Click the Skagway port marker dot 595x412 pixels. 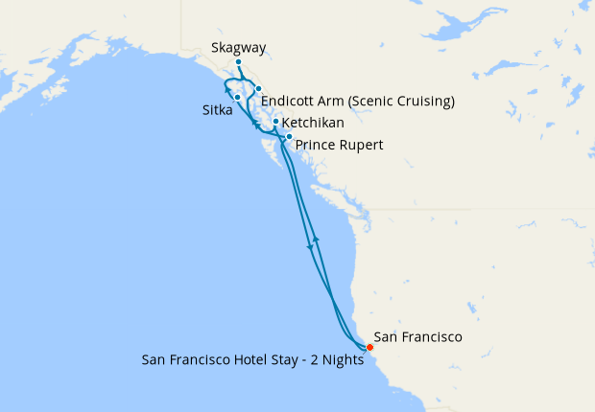(x=238, y=63)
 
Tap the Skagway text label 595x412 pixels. (x=238, y=48)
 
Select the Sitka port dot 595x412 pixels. (x=237, y=98)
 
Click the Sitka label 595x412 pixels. (x=217, y=110)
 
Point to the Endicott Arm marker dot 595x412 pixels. (x=259, y=89)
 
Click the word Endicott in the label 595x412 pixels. (x=291, y=101)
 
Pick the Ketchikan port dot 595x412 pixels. (x=275, y=122)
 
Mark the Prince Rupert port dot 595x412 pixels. (x=289, y=137)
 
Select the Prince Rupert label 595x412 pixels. (x=340, y=146)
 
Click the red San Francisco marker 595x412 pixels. (x=369, y=347)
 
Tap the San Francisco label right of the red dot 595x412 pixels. (x=418, y=337)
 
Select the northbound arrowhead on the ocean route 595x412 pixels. (x=317, y=238)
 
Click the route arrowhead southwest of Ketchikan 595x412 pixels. (x=255, y=125)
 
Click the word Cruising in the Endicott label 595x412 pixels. (x=428, y=101)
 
